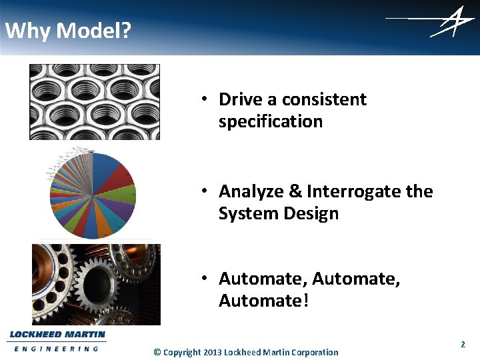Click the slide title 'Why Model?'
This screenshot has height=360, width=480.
[68, 31]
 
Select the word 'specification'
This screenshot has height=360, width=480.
[270, 121]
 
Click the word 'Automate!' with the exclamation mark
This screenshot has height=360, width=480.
[263, 301]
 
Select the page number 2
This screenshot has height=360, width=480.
[463, 345]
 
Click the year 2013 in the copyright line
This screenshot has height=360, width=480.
[212, 352]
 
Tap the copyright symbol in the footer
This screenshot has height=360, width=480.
[157, 352]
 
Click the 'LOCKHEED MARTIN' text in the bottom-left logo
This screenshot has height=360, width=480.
[57, 335]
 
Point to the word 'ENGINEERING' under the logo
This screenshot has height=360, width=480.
[56, 349]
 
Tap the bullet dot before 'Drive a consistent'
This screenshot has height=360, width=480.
[208, 99]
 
